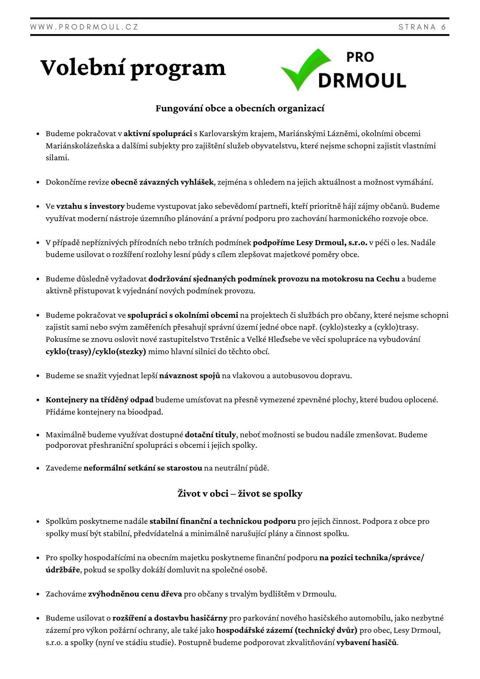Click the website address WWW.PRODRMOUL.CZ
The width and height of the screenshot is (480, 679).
84,27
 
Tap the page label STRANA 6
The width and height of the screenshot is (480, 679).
422,27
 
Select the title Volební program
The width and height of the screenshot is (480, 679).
133,68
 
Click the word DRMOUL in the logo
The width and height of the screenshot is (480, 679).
362,80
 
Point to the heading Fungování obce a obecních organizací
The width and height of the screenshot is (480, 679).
240,108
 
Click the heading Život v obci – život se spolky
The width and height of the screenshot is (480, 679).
240,493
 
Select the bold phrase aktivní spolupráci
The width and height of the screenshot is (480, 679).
158,134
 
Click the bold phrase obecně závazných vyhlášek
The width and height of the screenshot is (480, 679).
162,182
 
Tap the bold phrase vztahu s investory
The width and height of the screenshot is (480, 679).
91,206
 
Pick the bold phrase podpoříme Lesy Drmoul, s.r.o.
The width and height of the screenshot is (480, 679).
310,243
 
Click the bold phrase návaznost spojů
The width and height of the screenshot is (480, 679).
190,376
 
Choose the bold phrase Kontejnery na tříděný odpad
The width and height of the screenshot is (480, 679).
99,400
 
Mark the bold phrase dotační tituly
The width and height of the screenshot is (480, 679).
210,435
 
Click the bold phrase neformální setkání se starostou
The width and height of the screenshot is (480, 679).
143,468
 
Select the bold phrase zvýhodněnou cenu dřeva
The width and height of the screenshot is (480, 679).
135,594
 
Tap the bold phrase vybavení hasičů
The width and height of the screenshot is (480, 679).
367,643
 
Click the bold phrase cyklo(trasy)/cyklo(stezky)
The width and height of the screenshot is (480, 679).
96,352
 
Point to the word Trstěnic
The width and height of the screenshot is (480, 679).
226,339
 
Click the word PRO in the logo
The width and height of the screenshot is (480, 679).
360,57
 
